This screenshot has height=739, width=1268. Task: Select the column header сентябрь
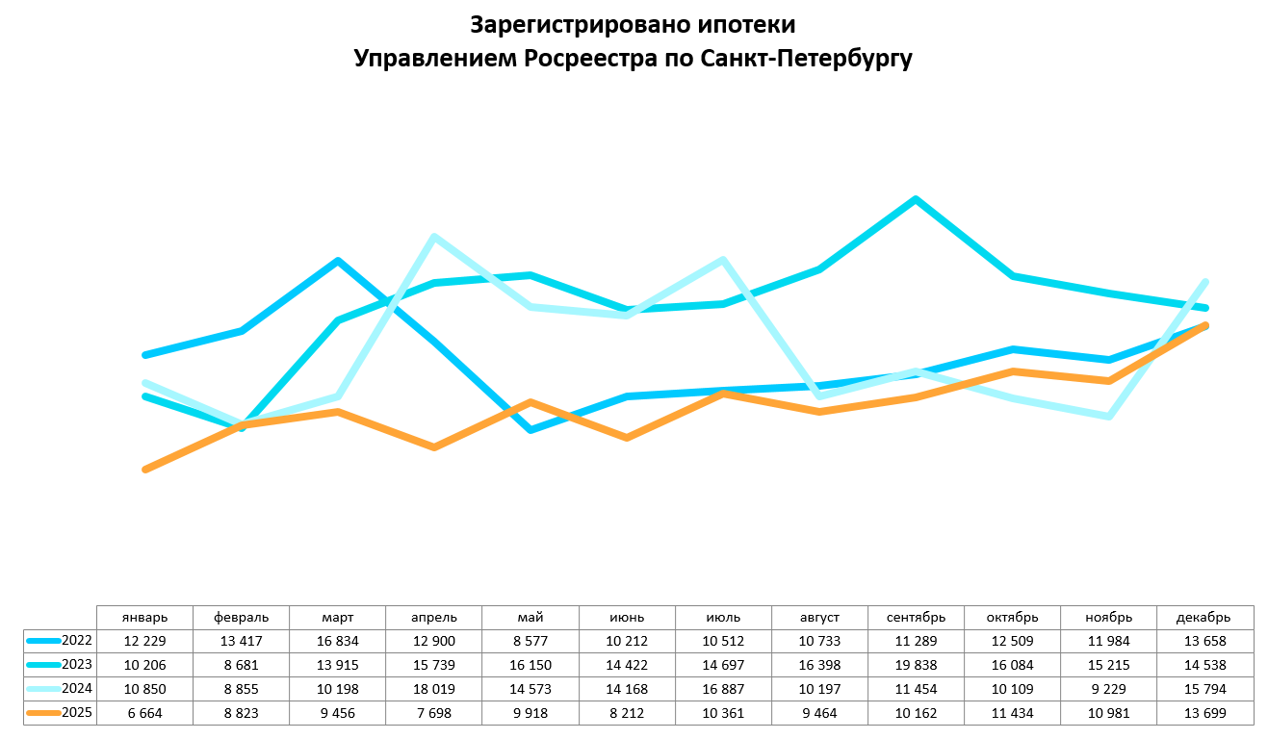tap(916, 617)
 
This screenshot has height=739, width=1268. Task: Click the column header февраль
tap(242, 617)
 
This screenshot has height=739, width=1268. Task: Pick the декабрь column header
tap(1204, 617)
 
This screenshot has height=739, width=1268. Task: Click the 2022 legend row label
tap(76, 641)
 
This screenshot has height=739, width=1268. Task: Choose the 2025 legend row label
tap(76, 713)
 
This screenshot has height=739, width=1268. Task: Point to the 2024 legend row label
tap(76, 689)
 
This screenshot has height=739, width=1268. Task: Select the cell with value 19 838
tap(916, 665)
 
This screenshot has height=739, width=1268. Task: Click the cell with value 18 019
tap(434, 689)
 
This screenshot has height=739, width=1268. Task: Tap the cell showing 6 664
tap(145, 713)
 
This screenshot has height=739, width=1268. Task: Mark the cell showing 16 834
tap(338, 641)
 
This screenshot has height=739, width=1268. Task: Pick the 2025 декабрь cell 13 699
tap(1204, 713)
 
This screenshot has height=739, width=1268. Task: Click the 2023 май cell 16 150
tap(530, 665)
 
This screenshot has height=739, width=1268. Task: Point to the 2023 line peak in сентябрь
tap(916, 199)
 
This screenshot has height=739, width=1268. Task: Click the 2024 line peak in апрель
tap(434, 237)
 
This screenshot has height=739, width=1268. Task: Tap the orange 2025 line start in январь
tap(145, 470)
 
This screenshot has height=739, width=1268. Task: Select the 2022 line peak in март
tap(338, 261)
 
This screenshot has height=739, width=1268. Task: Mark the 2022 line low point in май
tap(530, 429)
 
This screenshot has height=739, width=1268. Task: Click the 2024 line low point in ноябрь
tap(1109, 417)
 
